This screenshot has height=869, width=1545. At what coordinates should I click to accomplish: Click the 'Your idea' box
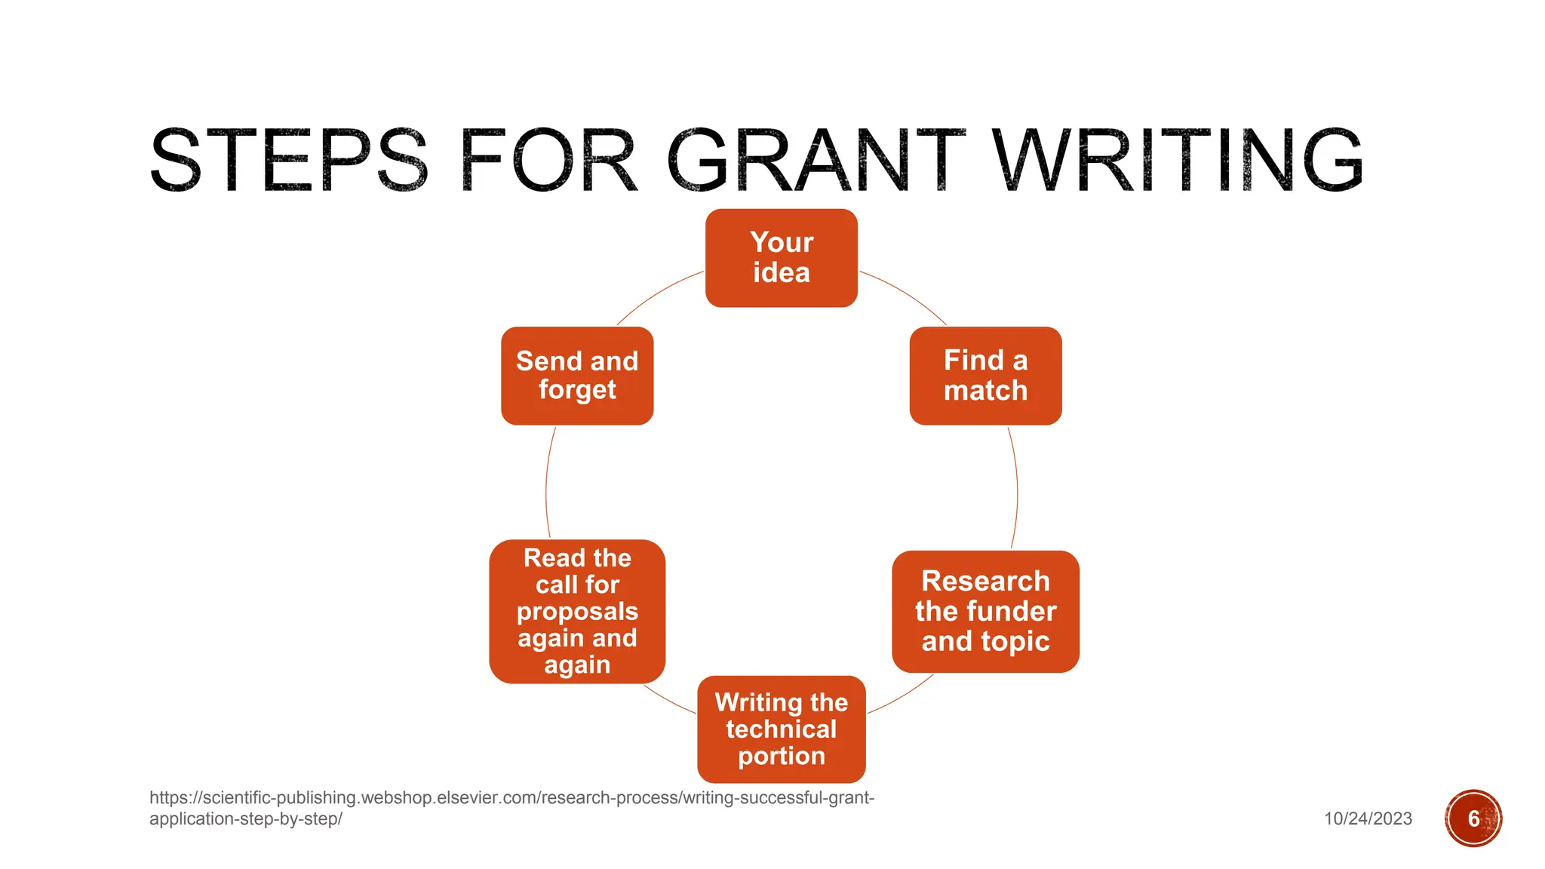coord(781,258)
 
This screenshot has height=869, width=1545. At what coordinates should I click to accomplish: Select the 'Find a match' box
coord(985,376)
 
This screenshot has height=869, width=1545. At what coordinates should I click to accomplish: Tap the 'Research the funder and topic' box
coord(985,611)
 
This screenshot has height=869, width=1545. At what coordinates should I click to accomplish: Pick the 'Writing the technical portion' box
coord(781,729)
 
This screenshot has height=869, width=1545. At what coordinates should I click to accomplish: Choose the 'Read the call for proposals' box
coord(577,611)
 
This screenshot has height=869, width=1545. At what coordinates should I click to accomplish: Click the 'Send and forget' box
coord(577,376)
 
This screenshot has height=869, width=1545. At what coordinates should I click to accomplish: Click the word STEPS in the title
coord(289,161)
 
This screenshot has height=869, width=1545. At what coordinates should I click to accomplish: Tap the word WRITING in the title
coord(1177,161)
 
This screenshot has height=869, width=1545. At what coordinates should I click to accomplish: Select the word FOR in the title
coord(548,161)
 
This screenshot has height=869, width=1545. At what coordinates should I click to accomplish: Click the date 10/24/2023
coord(1368,818)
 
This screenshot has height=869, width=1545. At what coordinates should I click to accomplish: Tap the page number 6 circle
coord(1473,818)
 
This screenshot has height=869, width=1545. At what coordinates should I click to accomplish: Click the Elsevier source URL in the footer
coord(511,807)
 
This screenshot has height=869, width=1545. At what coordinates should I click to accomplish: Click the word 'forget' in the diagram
coord(577,390)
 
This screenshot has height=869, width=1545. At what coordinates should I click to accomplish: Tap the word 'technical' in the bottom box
coord(781,729)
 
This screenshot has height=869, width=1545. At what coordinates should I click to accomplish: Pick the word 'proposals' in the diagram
coord(577,612)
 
